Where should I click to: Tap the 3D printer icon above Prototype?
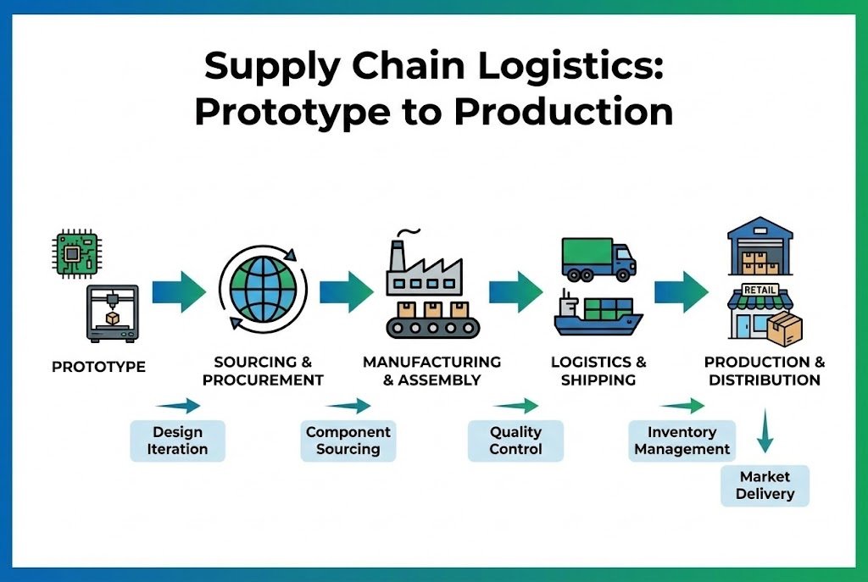pyautogui.click(x=112, y=313)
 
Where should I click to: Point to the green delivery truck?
pyautogui.click(x=598, y=258)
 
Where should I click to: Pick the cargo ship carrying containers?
pyautogui.click(x=598, y=314)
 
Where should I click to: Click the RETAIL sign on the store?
pyautogui.click(x=759, y=290)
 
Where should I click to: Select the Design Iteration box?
pyautogui.click(x=177, y=441)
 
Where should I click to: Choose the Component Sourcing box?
pyautogui.click(x=348, y=441)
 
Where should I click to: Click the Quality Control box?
pyautogui.click(x=515, y=441)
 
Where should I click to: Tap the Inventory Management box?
pyautogui.click(x=682, y=441)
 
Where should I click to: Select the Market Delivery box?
pyautogui.click(x=765, y=485)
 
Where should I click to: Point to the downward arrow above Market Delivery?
pyautogui.click(x=765, y=432)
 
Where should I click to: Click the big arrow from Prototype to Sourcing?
pyautogui.click(x=179, y=292)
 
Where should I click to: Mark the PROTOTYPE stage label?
pyautogui.click(x=98, y=367)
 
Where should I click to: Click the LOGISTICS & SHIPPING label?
pyautogui.click(x=598, y=371)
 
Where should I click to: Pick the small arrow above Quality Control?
pyautogui.click(x=515, y=405)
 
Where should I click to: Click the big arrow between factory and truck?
pyautogui.click(x=515, y=292)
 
